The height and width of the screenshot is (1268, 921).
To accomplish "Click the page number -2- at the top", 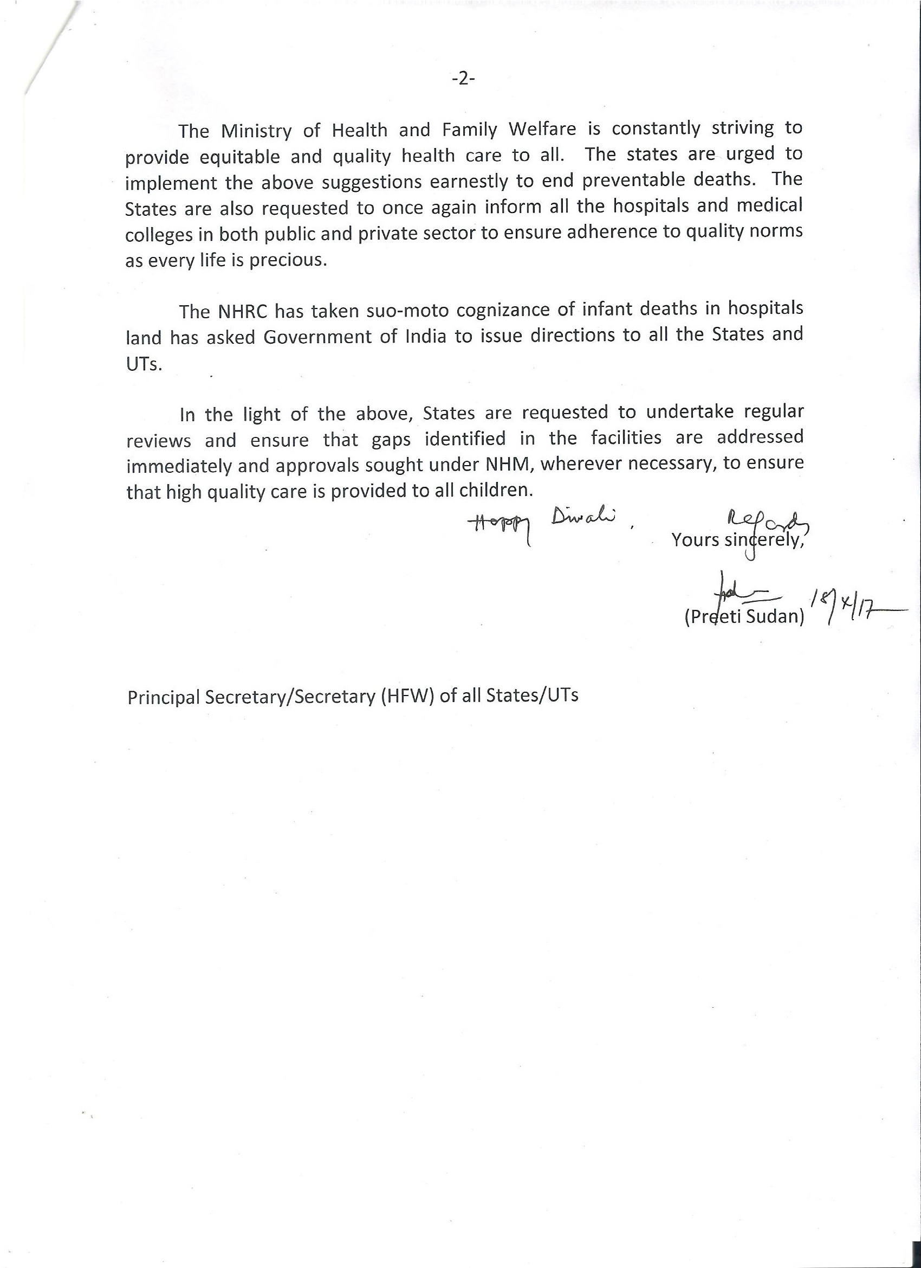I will (x=463, y=79).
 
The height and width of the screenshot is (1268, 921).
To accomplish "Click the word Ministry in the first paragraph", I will (x=256, y=131).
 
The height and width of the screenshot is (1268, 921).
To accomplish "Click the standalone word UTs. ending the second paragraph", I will (x=144, y=364).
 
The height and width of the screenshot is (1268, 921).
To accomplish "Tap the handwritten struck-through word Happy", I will (x=501, y=525).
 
